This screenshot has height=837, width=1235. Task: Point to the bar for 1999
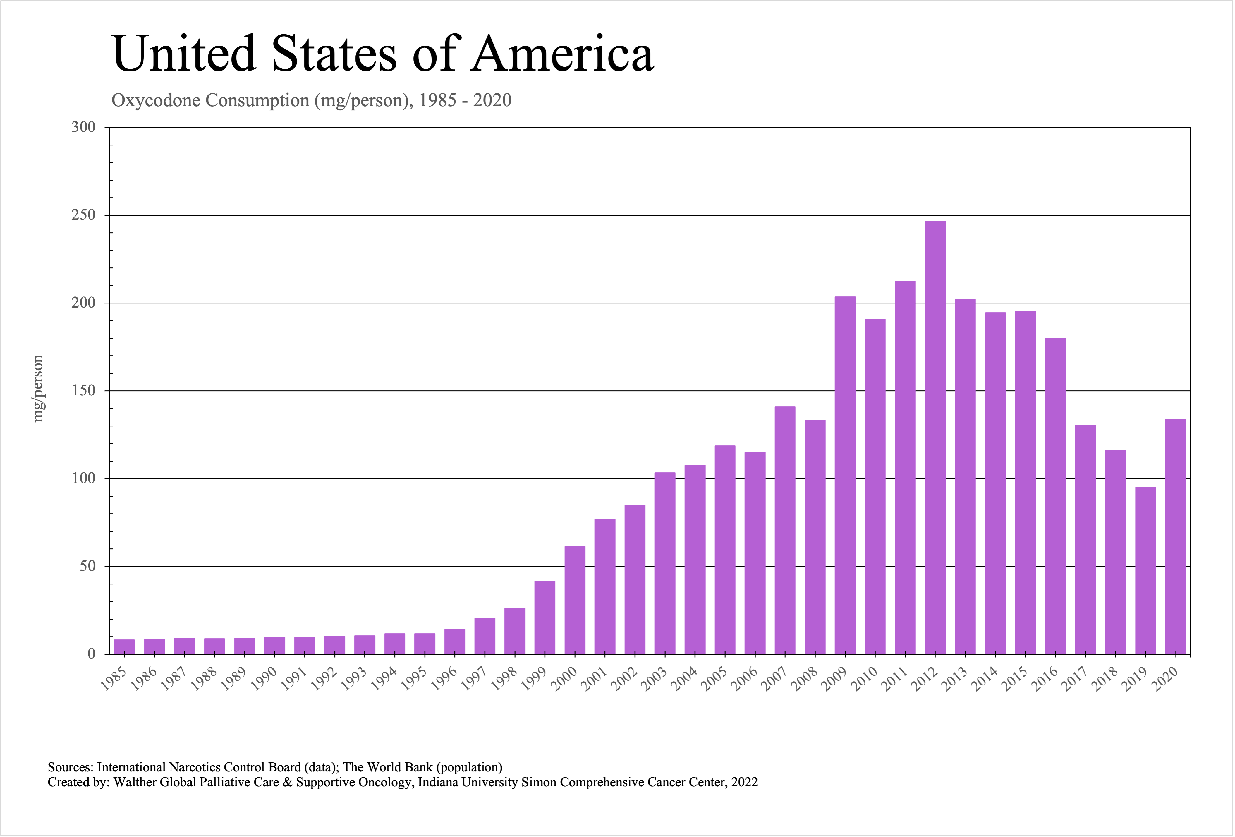pos(545,616)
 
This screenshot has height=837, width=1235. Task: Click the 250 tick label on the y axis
pos(83,215)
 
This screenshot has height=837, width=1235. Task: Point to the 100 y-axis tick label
pos(83,478)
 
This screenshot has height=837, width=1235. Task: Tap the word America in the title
pos(562,54)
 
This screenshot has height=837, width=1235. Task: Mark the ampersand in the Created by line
pos(288,782)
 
